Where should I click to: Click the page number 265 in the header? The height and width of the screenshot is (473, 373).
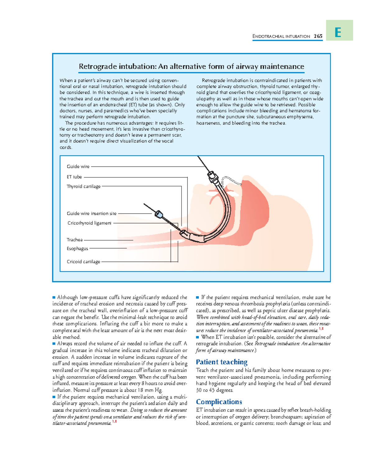318,36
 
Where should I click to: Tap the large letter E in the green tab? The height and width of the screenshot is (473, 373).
338,32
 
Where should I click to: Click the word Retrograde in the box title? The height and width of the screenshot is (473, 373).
98,67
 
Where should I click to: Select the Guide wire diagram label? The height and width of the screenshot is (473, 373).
78,166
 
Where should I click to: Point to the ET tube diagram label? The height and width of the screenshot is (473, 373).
74,177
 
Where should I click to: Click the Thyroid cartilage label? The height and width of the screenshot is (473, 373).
84,186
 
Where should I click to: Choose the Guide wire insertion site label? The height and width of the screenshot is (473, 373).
92,213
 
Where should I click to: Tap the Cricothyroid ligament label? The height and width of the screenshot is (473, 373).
90,223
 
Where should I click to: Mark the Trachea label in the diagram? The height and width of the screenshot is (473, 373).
75,240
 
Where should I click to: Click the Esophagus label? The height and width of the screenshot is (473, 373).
77,249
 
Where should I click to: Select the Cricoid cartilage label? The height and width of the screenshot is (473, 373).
83,262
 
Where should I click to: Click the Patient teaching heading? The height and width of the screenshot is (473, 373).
222,362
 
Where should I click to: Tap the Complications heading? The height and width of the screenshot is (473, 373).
219,402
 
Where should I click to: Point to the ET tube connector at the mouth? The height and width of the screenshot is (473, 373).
213,177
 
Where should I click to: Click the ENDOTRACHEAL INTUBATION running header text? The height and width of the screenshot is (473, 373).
281,36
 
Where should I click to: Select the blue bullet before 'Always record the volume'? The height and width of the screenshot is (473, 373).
54,344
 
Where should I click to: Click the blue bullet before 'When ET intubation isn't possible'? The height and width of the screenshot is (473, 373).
198,337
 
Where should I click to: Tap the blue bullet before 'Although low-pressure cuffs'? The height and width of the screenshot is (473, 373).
54,297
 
